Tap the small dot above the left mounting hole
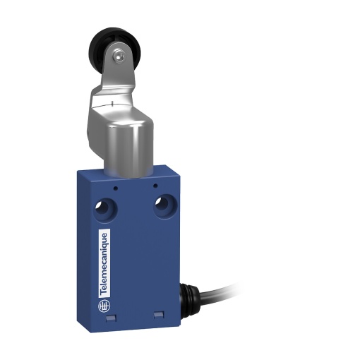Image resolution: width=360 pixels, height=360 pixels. point(112,187)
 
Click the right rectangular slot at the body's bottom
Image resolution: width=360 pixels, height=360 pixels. point(157,315)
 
